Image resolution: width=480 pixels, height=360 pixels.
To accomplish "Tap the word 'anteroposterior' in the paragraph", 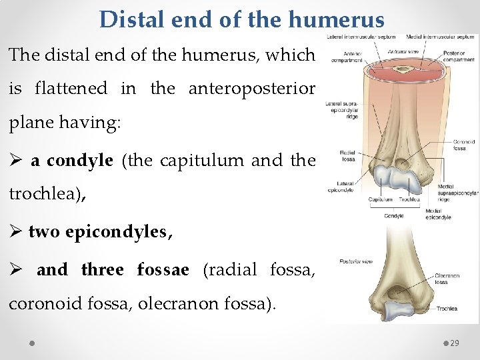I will (253, 88).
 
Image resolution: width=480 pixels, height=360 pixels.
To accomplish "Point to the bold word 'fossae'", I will (163, 269).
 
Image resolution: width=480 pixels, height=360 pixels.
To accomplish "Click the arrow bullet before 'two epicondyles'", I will (16, 233).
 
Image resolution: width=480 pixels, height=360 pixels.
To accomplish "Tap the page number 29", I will (455, 343).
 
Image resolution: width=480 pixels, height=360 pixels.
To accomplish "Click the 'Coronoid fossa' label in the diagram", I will (463, 144).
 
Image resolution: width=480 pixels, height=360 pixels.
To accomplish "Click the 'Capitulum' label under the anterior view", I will (381, 199).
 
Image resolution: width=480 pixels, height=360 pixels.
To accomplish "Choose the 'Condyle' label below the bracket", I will (395, 215).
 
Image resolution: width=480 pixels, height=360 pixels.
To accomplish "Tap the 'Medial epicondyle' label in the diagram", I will (438, 214).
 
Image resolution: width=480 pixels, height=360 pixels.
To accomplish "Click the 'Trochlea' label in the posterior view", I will (447, 309).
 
